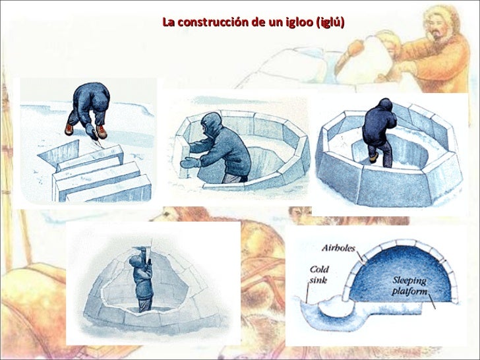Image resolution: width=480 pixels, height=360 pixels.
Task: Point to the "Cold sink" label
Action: [x=318, y=274]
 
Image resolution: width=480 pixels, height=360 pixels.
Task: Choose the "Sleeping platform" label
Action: [x=409, y=285]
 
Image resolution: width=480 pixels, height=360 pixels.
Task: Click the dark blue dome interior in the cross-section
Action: [x=402, y=272]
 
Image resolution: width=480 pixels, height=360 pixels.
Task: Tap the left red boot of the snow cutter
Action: [x=69, y=129]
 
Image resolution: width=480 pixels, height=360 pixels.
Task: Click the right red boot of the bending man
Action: [x=102, y=132]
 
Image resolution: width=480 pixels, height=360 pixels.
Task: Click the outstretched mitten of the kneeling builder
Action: [x=189, y=163]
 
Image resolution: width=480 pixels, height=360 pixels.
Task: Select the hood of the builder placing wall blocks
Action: [x=211, y=123]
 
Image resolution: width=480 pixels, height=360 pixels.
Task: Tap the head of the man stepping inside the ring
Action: [x=386, y=105]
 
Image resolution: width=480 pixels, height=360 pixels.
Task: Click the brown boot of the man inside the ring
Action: [x=374, y=158]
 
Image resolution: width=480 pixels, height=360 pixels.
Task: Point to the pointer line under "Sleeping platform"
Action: [x=432, y=301]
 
